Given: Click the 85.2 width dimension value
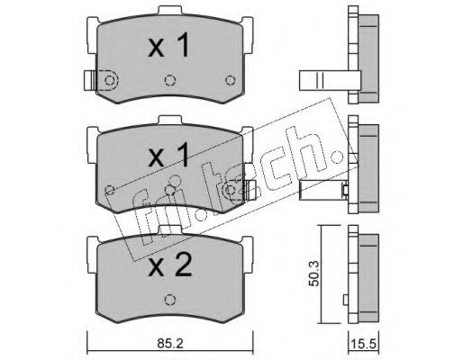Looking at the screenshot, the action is pos(170,344).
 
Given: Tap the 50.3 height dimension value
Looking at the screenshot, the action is pos(314,274).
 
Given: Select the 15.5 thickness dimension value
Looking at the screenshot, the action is pos(363,344).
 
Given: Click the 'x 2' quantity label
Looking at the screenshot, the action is pos(169,265).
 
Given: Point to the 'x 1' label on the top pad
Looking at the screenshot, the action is pos(168,45).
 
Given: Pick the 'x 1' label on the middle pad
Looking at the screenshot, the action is pos(168,155).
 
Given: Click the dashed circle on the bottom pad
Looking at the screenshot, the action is pos(170,300).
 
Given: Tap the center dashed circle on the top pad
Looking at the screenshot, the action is pos(170,80).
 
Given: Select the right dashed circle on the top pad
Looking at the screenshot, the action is pos(231,80).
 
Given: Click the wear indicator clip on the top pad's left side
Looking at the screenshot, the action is pos(90,80).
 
